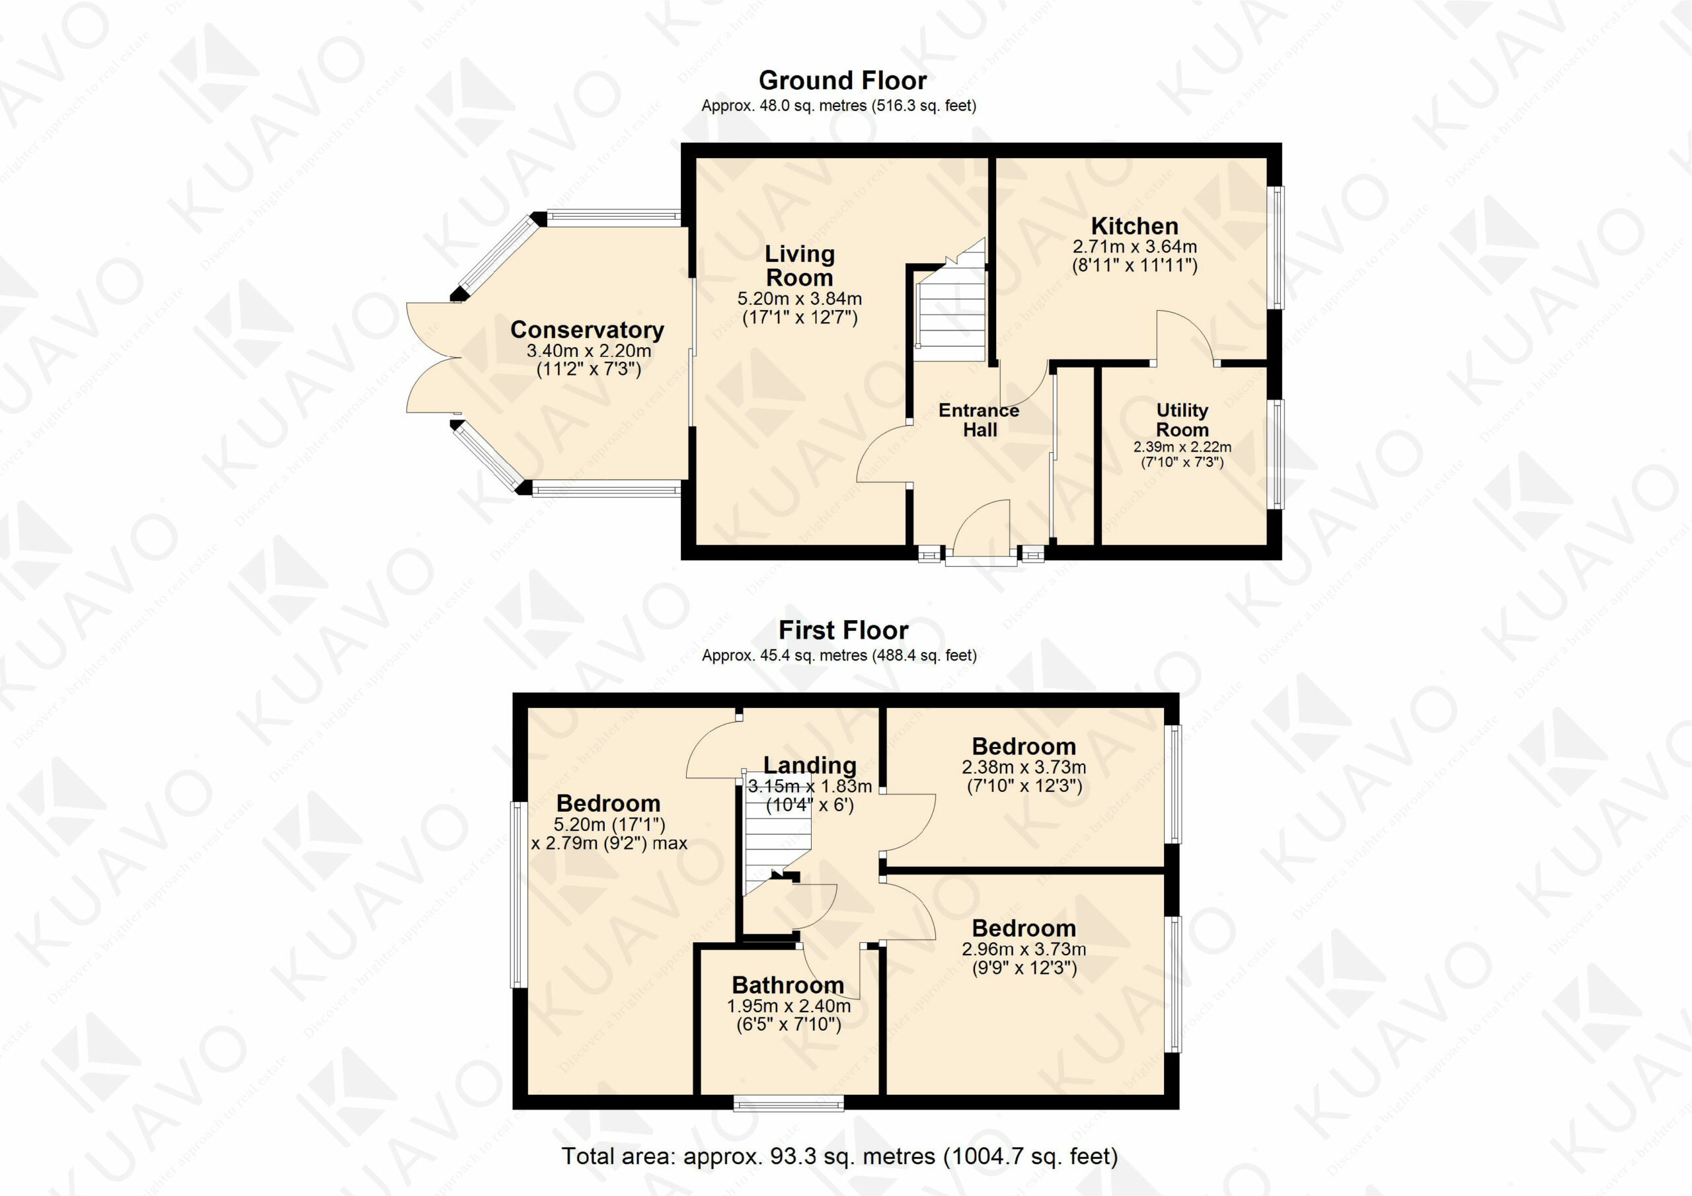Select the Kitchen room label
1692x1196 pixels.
[1134, 225]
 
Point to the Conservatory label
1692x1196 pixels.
[588, 330]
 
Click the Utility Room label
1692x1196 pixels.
[1182, 420]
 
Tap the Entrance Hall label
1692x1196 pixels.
[979, 420]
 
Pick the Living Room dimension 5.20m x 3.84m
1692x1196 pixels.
[800, 299]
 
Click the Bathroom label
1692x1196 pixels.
[788, 984]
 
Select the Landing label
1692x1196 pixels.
[809, 766]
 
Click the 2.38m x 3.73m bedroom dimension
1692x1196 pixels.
[1024, 767]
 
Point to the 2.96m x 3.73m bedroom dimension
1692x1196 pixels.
[1024, 949]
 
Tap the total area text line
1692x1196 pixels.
[839, 1156]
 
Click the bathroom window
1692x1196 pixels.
[788, 1103]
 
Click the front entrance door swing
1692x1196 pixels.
[982, 527]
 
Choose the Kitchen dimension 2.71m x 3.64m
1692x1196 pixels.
[1134, 247]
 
